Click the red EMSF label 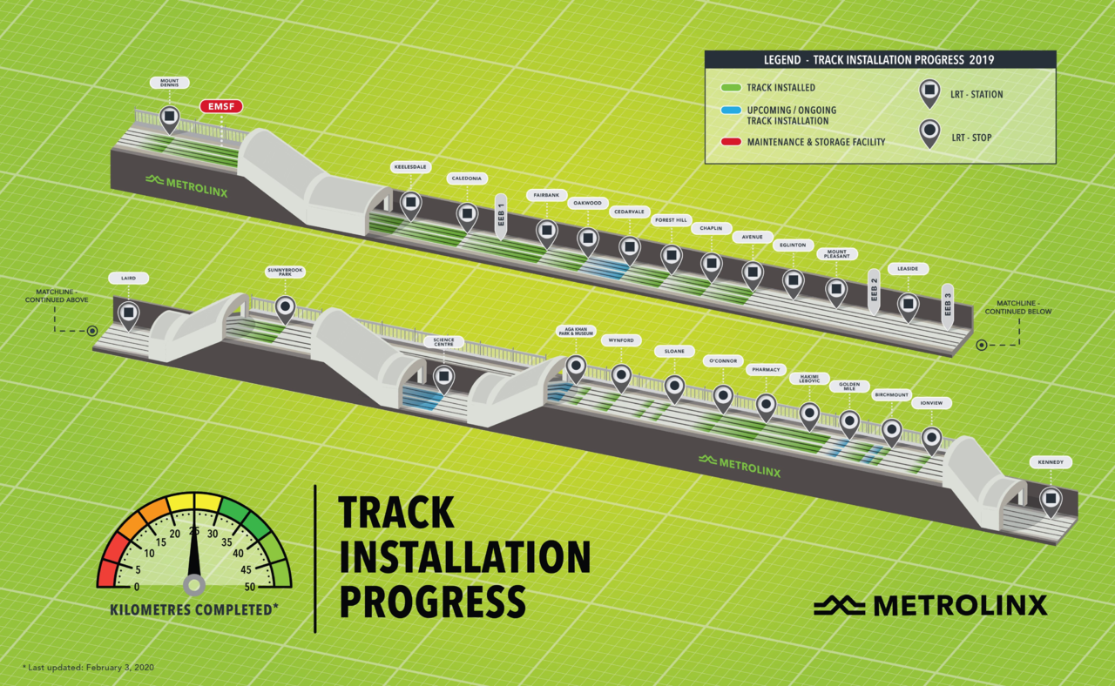[x=221, y=107]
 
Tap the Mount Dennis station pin [x=169, y=118]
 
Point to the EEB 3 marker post [x=948, y=306]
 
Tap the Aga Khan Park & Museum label [x=575, y=332]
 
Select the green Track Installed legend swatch [x=731, y=88]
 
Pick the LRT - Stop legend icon [x=930, y=132]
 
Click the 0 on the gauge [x=137, y=586]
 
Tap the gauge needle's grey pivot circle [x=194, y=584]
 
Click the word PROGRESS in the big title [x=432, y=601]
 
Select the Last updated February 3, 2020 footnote [x=88, y=667]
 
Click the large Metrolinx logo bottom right [x=930, y=604]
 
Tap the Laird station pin [x=128, y=312]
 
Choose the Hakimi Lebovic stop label [x=804, y=379]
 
